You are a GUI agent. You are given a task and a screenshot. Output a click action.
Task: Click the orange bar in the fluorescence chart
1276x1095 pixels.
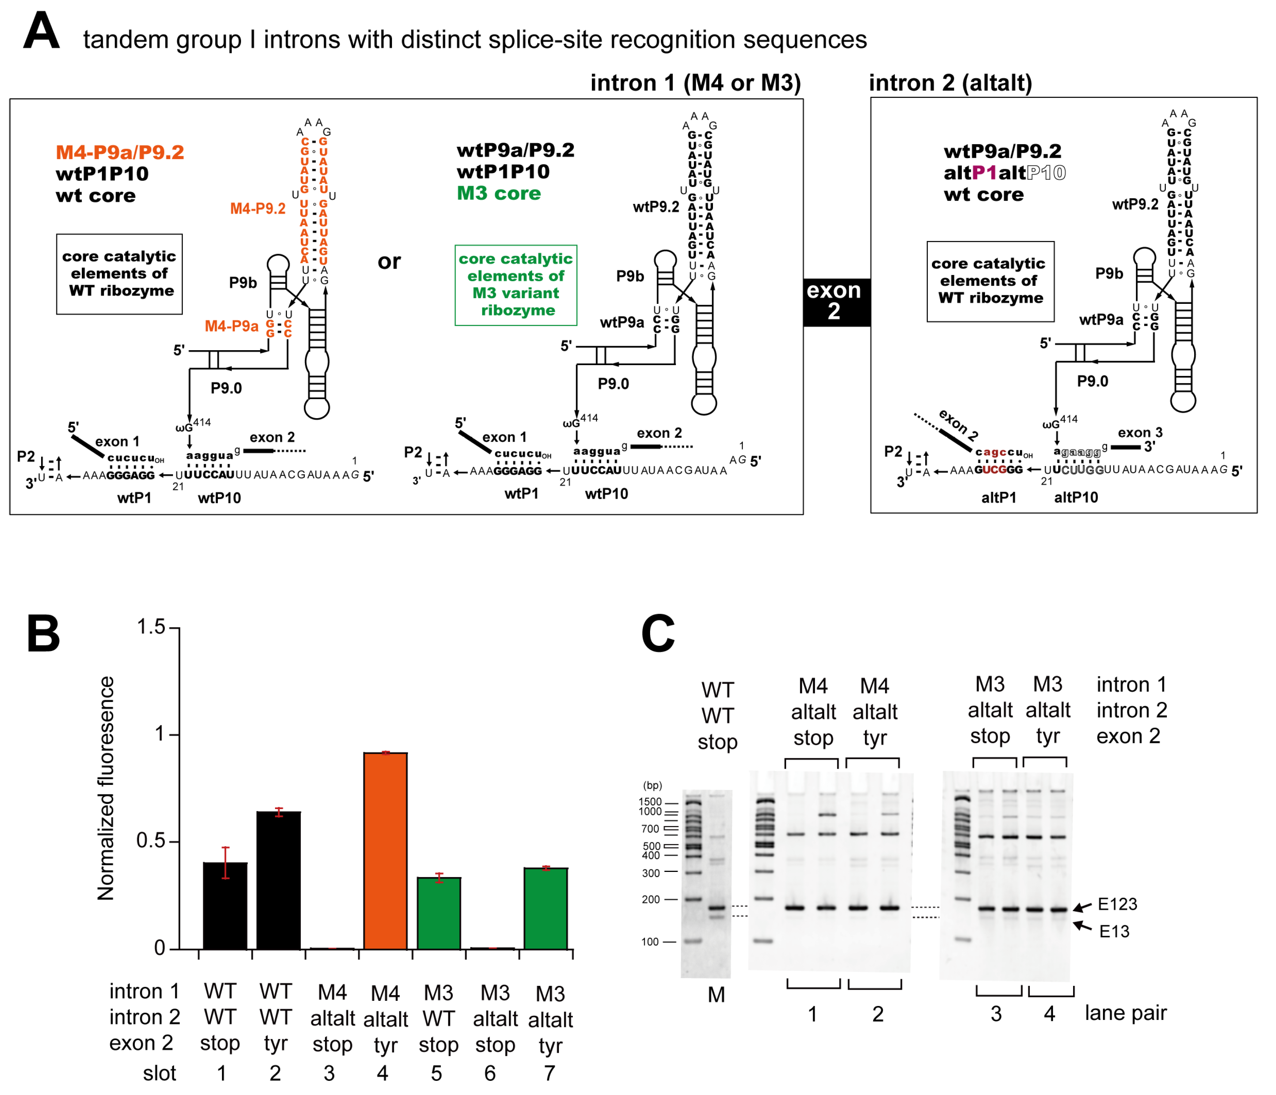point(385,850)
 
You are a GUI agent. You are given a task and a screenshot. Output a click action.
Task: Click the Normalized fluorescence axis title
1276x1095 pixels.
point(106,788)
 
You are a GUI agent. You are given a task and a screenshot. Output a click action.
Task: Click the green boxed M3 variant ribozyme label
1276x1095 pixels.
point(516,284)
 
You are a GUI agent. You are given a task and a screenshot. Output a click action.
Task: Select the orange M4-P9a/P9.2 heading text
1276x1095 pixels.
point(120,152)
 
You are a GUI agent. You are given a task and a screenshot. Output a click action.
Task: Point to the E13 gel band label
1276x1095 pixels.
point(1114,931)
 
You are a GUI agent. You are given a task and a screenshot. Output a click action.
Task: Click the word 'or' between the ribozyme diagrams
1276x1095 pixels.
point(389,261)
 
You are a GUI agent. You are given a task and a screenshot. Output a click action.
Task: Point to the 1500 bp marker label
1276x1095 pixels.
point(650,801)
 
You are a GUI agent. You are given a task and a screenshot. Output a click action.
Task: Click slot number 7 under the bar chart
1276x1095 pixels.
point(549,1073)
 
